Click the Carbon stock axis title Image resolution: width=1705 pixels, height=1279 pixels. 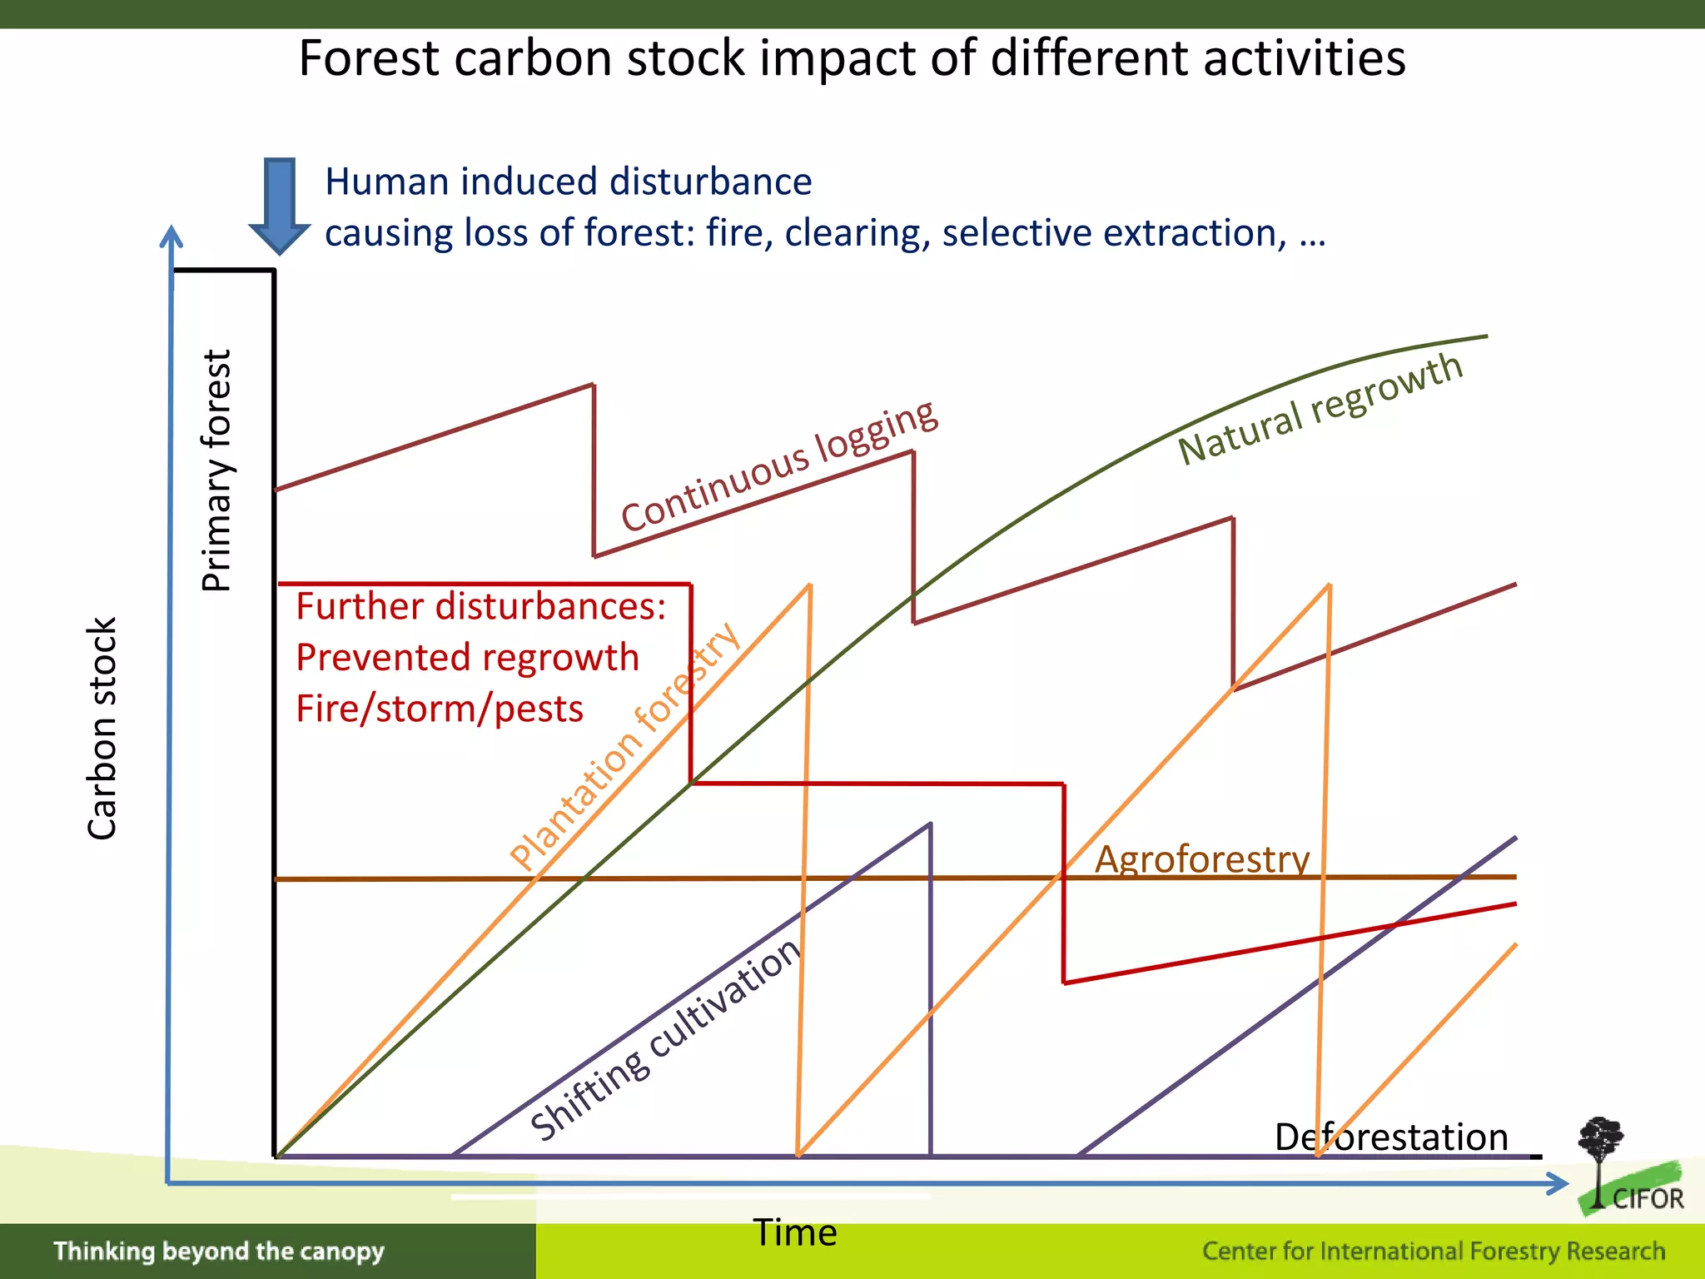[x=102, y=729]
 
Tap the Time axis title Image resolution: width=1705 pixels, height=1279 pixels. [x=795, y=1232]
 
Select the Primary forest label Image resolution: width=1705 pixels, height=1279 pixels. [x=216, y=470]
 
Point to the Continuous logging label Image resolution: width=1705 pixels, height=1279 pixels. [x=780, y=466]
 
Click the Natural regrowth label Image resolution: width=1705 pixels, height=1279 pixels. [x=1320, y=408]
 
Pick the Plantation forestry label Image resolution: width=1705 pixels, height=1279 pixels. [x=624, y=747]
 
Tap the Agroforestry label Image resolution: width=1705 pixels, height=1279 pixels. [x=1201, y=858]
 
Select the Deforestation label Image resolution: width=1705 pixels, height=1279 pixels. [x=1391, y=1137]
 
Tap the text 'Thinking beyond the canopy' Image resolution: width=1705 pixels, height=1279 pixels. [x=219, y=1251]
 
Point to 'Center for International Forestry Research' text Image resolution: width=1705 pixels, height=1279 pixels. [x=1434, y=1251]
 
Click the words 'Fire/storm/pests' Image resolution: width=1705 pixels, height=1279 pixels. [x=440, y=709]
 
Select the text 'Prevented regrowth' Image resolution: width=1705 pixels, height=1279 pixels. [x=467, y=657]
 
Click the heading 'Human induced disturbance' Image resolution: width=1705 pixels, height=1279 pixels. [x=568, y=182]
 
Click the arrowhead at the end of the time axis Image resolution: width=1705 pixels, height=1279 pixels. [x=1557, y=1183]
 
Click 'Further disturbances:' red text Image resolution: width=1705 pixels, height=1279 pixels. [x=480, y=606]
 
